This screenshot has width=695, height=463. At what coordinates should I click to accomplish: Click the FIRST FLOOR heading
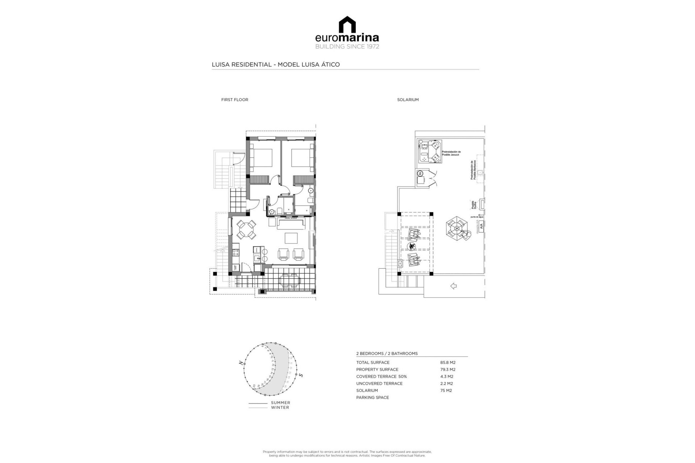235,100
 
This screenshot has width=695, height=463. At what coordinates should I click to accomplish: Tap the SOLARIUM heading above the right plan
408,100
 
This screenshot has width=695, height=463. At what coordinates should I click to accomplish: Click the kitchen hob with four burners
234,250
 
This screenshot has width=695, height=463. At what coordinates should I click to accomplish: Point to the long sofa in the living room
291,224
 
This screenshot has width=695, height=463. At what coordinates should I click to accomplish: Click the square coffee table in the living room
291,238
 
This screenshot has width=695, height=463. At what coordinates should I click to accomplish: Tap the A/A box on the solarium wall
481,226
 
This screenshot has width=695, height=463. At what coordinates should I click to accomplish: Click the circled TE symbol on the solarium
421,173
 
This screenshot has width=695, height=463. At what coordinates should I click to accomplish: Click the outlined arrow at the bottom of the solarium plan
453,286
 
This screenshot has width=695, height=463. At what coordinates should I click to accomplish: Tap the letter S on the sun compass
301,375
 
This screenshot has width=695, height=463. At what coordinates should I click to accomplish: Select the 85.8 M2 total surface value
447,362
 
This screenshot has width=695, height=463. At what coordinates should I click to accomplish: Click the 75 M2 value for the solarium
446,390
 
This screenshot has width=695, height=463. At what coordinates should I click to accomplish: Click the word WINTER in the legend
280,408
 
